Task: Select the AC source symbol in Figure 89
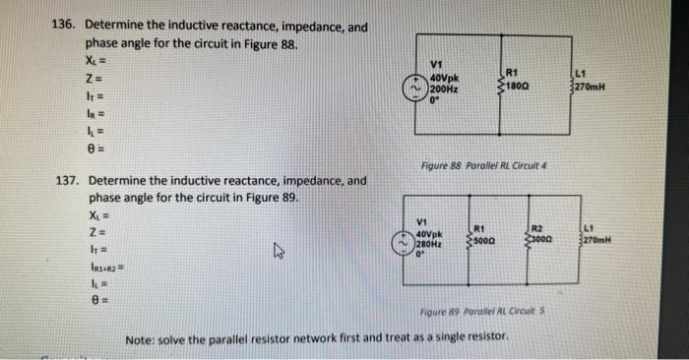click(x=403, y=239)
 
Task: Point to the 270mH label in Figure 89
click(x=597, y=238)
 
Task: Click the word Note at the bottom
click(x=141, y=338)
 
